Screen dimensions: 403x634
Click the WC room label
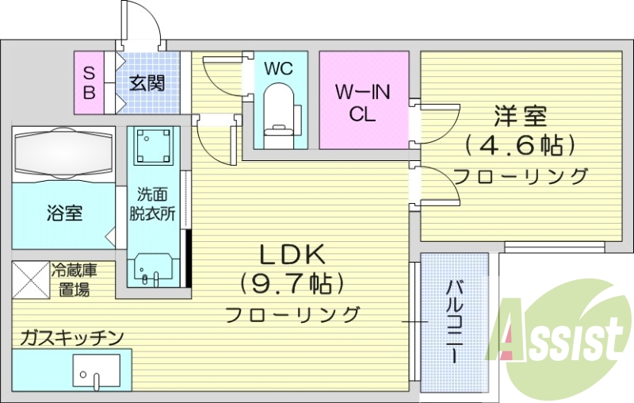coord(278,69)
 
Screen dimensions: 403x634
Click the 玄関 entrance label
coord(147,83)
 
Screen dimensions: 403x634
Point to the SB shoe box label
coord(90,83)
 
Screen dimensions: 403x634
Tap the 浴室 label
coord(65,213)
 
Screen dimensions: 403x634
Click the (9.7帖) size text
coord(293,283)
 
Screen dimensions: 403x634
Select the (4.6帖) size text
coord(519,145)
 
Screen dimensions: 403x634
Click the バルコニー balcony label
coord(454,321)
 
